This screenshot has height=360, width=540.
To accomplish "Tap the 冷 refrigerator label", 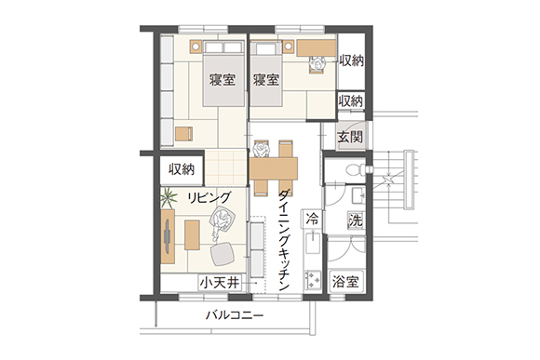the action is click(312, 219).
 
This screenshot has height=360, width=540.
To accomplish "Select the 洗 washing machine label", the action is click(356, 220).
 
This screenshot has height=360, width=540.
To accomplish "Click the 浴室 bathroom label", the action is click(345, 282).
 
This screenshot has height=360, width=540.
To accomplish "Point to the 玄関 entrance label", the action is click(350, 137).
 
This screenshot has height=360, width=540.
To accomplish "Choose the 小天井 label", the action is click(220, 283).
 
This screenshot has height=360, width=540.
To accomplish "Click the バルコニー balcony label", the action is click(235, 315).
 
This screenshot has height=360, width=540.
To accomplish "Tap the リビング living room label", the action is click(209, 197).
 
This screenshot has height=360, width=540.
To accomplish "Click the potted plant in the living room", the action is click(169, 198).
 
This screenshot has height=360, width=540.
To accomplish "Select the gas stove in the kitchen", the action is click(313, 279).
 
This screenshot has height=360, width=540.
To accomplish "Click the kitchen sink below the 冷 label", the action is click(313, 242).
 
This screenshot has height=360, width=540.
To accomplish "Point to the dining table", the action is click(274, 168).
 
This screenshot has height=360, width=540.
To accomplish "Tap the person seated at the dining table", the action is click(261, 150).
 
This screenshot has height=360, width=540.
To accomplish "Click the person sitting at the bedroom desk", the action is click(317, 64).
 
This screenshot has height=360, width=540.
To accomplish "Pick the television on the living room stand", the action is click(167, 237).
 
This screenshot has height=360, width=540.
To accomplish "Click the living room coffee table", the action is click(192, 235).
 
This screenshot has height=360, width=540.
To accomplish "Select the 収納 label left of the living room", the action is click(182, 169).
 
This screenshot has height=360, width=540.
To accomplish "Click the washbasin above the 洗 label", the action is click(358, 195).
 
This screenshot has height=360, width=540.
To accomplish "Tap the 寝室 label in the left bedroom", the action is click(223, 80).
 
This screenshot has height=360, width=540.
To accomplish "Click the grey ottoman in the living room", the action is click(223, 254).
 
